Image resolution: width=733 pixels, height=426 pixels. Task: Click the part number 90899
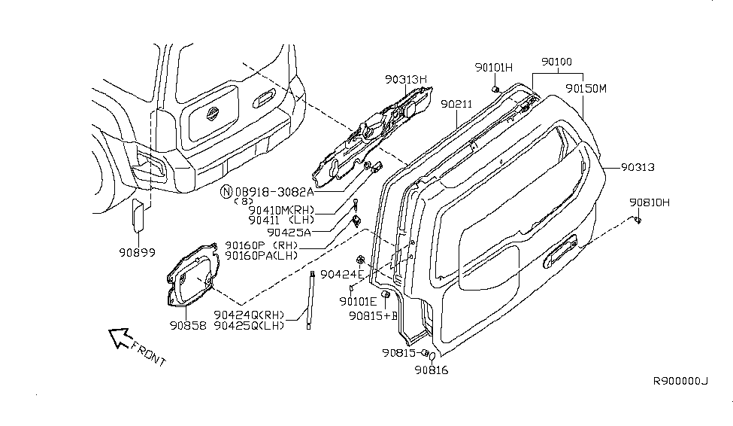tap(137, 253)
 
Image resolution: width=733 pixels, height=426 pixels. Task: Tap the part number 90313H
tap(406, 78)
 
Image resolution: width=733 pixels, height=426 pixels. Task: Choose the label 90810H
tap(650, 202)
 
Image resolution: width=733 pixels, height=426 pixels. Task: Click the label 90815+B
tap(373, 316)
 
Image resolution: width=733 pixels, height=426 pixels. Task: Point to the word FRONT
tap(147, 353)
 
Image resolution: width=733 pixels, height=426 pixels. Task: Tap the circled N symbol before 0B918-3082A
tap(226, 191)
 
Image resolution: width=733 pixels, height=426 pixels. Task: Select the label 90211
tap(456, 104)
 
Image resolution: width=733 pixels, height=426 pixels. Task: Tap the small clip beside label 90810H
tap(637, 220)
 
